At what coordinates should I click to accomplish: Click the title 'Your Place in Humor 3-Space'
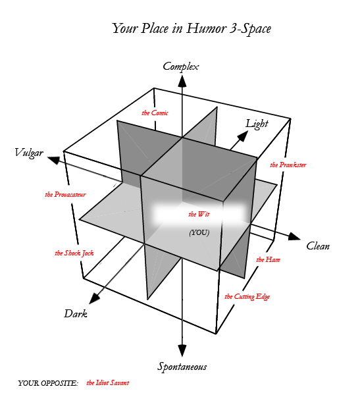pyautogui.click(x=192, y=28)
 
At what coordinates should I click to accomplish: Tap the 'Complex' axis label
pyautogui.click(x=181, y=66)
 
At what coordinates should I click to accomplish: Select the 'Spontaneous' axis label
pyautogui.click(x=182, y=367)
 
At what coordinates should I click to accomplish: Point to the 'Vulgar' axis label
pyautogui.click(x=29, y=153)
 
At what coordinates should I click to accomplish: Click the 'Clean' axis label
pyautogui.click(x=318, y=246)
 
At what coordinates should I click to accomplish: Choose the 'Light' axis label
pyautogui.click(x=257, y=124)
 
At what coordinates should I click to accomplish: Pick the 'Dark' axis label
pyautogui.click(x=76, y=313)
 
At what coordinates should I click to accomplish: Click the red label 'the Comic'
pyautogui.click(x=155, y=113)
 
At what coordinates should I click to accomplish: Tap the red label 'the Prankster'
pyautogui.click(x=288, y=165)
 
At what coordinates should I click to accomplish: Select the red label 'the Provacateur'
pyautogui.click(x=65, y=194)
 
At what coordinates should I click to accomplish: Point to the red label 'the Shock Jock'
pyautogui.click(x=74, y=253)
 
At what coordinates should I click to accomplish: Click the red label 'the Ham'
pyautogui.click(x=268, y=259)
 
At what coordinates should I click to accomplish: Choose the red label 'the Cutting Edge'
pyautogui.click(x=247, y=297)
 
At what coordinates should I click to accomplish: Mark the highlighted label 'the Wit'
pyautogui.click(x=199, y=215)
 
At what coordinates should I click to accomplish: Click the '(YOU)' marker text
pyautogui.click(x=199, y=232)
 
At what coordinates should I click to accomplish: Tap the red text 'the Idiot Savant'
pyautogui.click(x=108, y=382)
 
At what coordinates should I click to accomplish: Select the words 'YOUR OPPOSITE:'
pyautogui.click(x=48, y=383)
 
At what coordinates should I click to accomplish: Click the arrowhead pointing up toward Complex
pyautogui.click(x=182, y=81)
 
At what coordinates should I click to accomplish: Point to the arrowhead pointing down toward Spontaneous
pyautogui.click(x=182, y=351)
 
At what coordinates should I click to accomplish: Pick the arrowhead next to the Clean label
pyautogui.click(x=294, y=236)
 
